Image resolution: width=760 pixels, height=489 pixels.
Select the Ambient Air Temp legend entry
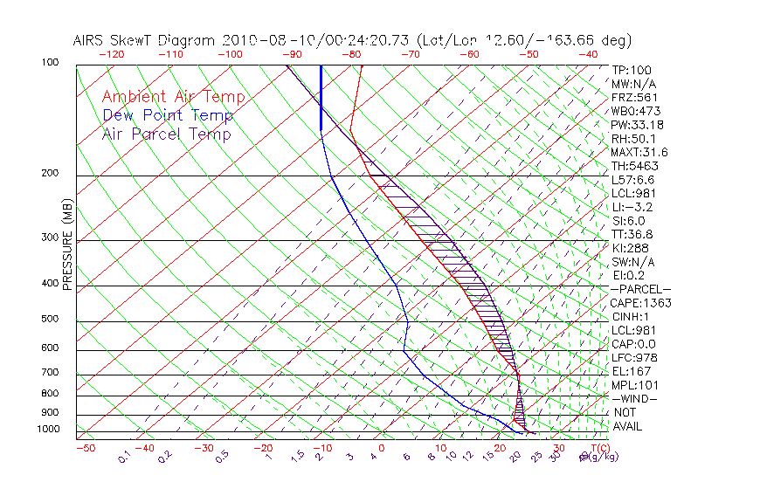coord(173,97)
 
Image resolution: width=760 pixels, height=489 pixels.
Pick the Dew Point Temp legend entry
coord(168,115)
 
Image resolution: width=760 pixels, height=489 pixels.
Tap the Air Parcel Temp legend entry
coord(166,134)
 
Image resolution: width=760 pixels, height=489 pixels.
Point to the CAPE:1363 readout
coord(640,303)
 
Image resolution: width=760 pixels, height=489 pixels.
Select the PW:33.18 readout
coord(635,125)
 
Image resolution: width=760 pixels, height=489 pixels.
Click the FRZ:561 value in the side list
coord(632,97)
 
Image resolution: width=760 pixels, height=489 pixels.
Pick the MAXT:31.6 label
coord(639,152)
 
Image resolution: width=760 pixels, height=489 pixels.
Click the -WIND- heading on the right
coord(635,398)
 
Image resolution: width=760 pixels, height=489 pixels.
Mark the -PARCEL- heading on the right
coord(640,289)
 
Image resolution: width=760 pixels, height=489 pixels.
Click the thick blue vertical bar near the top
coord(321,97)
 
